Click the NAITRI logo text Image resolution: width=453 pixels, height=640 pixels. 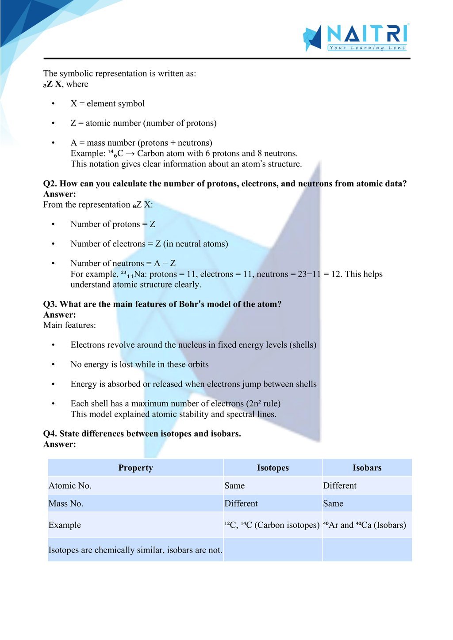tap(367, 34)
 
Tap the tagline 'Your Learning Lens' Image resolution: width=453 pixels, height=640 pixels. tap(367, 48)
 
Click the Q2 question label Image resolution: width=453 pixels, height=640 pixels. tap(50, 184)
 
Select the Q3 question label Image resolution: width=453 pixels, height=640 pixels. tap(50, 304)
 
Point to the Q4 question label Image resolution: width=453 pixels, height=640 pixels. tap(50, 434)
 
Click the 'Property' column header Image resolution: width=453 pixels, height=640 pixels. tap(135, 468)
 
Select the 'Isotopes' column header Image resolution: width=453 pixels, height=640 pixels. tap(273, 468)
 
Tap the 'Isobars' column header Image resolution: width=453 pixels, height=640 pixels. tap(367, 468)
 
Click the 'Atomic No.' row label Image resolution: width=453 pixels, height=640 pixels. tap(70, 486)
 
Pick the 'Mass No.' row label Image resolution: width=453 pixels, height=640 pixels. tap(66, 504)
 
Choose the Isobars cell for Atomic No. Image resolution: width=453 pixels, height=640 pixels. tap(339, 486)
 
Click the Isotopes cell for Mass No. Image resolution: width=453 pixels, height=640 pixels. tap(241, 504)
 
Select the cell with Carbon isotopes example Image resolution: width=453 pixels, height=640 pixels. tap(272, 525)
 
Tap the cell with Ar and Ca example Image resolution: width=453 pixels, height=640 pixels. tap(364, 525)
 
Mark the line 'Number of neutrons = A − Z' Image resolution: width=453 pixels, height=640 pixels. tap(123, 264)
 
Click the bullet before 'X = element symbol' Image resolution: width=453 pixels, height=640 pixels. tap(53, 104)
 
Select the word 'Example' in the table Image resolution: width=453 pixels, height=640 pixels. tap(65, 525)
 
